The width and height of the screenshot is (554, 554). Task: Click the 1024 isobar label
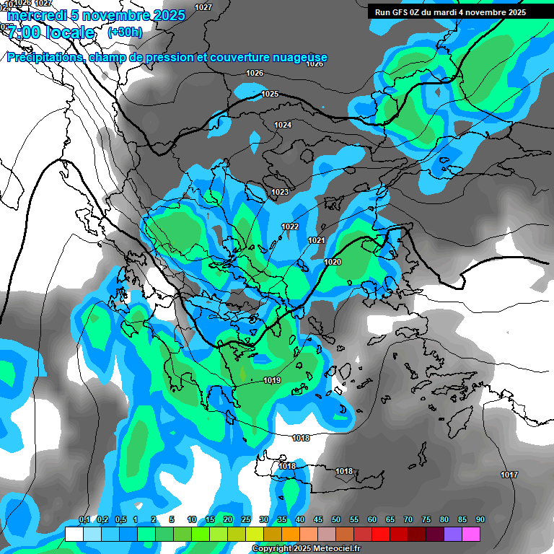[283, 126]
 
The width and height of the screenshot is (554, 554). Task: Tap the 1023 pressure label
[280, 192]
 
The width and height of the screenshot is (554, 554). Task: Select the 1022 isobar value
[290, 227]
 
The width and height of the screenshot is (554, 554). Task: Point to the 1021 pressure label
[316, 240]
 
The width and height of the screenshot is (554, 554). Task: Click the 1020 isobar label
[333, 262]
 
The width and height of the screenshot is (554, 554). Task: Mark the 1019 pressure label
[272, 380]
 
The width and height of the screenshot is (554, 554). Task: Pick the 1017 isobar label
[509, 475]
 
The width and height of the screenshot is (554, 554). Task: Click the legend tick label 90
[480, 520]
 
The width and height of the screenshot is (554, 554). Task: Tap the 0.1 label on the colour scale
[84, 520]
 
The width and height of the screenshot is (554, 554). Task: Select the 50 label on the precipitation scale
[336, 520]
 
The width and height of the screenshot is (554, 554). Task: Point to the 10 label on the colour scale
[192, 520]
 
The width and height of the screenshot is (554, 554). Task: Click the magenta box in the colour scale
[471, 534]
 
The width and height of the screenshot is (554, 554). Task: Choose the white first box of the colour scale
[74, 534]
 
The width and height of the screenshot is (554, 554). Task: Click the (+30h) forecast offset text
[125, 32]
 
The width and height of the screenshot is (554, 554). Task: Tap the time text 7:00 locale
[50, 32]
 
